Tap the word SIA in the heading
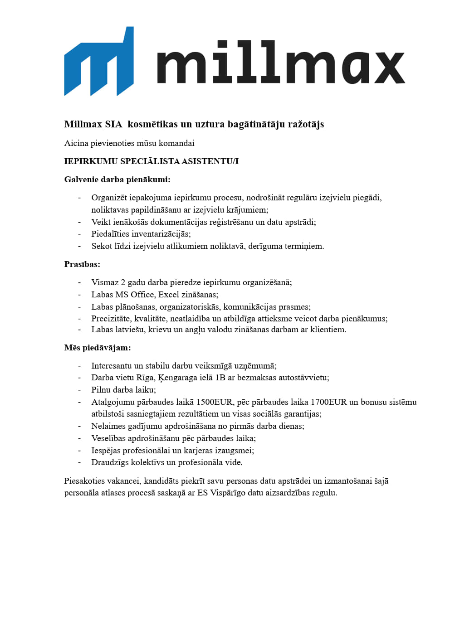click(113, 124)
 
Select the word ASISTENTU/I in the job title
click(210, 161)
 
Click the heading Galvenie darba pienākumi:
click(117, 180)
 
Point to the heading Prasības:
click(82, 264)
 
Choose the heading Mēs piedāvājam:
click(98, 348)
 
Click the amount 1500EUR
click(214, 402)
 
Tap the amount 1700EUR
click(328, 402)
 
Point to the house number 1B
click(220, 378)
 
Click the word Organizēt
click(109, 198)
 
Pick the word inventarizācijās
click(161, 234)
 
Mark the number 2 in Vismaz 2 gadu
click(122, 282)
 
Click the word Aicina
click(76, 143)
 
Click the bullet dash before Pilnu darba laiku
click(79, 390)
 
